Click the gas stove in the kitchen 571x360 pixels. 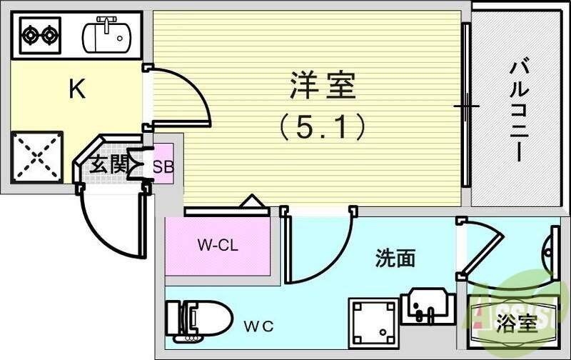[x=40, y=33]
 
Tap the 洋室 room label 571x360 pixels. [x=322, y=89]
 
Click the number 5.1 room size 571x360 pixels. [x=322, y=128]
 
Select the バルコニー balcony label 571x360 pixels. [x=518, y=111]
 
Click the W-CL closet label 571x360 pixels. [x=218, y=246]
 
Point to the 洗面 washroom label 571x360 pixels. [x=395, y=258]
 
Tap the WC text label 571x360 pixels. [x=258, y=326]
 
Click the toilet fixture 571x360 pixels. [x=198, y=319]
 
